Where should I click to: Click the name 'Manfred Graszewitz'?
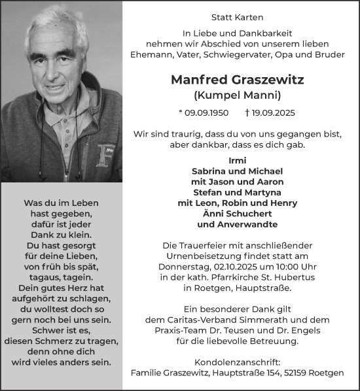point(241,80)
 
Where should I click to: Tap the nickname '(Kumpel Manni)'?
point(241,95)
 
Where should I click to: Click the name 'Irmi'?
point(241,160)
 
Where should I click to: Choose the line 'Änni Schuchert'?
point(241,214)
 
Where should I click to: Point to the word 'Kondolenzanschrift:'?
point(241,362)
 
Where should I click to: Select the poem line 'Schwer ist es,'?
point(61,330)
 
